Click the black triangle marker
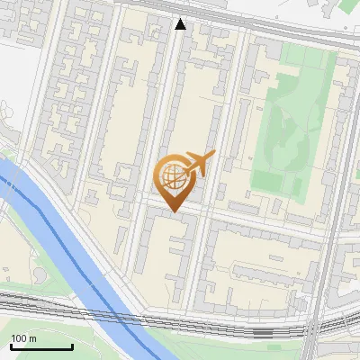pos(181,24)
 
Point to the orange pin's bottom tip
pos(173,211)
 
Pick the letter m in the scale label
pos(32,338)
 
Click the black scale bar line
pos(41,346)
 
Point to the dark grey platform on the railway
pos(261,332)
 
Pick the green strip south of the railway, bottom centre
pos(207,346)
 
